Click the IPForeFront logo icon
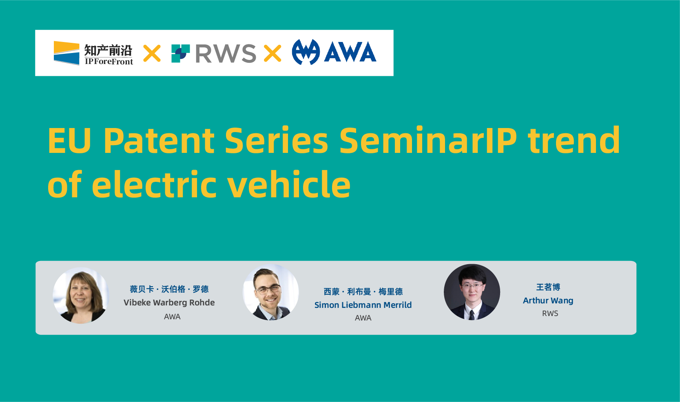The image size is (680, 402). (x=66, y=53)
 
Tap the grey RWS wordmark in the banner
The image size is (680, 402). (x=226, y=53)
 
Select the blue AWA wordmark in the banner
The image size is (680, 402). (x=350, y=52)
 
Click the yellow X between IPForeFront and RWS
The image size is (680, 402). (x=152, y=53)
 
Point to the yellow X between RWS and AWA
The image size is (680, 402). (x=272, y=53)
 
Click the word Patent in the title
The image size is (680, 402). (x=159, y=140)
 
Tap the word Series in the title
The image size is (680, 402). (x=276, y=140)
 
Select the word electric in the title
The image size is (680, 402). (x=154, y=184)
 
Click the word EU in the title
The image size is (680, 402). (x=69, y=141)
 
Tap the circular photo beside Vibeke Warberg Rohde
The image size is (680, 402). (x=81, y=295)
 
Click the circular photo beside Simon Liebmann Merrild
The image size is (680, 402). (x=271, y=292)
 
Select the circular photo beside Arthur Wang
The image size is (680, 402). (x=472, y=292)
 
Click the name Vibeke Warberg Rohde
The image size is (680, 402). (x=169, y=303)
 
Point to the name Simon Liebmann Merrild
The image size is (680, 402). (x=363, y=305)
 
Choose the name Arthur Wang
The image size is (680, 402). (x=548, y=300)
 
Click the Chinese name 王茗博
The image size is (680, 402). (x=548, y=287)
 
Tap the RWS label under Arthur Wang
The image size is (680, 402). (x=550, y=314)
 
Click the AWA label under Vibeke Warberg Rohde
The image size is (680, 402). (x=172, y=317)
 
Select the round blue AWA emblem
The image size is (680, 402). (x=306, y=52)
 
